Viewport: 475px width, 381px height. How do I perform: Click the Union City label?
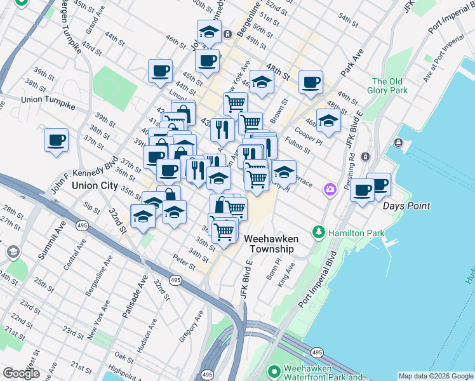pos(95,185)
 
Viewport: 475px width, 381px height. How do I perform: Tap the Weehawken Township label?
pos(271,244)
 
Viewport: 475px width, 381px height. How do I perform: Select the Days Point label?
pos(406,206)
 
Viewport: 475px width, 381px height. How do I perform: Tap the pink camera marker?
pos(330,189)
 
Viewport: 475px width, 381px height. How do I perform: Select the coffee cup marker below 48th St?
pos(311,83)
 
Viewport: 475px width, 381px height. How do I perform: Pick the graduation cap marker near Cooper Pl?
pos(328,121)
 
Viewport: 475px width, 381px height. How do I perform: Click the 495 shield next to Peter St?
pos(176,279)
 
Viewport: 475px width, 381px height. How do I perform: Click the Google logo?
pos(21,373)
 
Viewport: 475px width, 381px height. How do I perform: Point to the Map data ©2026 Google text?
pos(435,376)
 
